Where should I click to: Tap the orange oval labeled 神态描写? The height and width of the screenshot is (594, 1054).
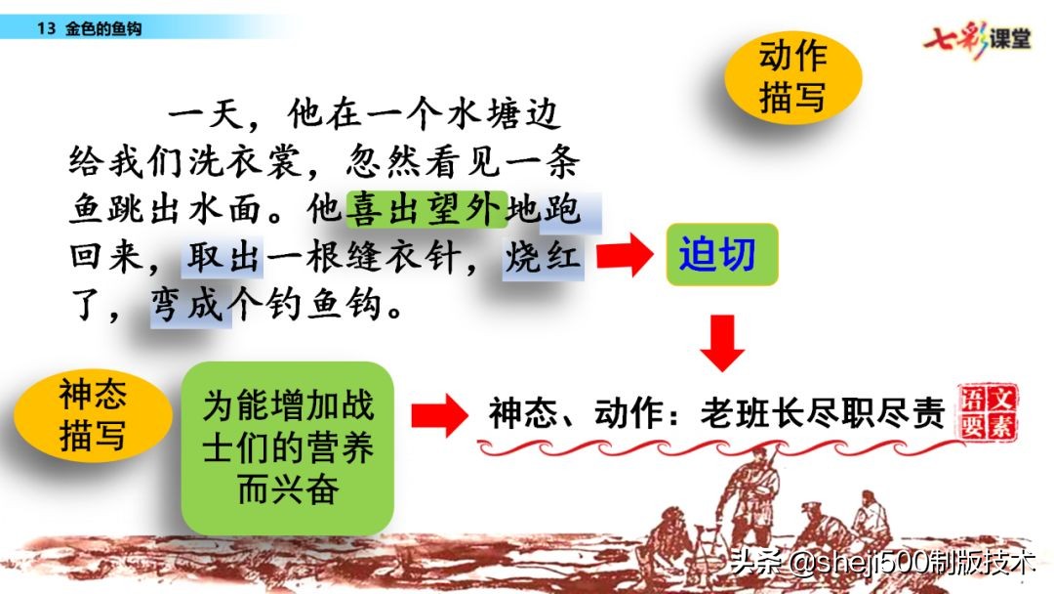coord(92,415)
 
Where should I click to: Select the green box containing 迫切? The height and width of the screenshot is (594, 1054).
coord(721,256)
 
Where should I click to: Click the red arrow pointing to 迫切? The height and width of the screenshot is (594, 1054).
coord(623,257)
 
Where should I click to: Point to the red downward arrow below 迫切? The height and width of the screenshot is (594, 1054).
coord(722,342)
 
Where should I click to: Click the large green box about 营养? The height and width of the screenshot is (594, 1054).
coord(288,447)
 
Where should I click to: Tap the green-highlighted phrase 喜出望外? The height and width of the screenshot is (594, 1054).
coord(426,208)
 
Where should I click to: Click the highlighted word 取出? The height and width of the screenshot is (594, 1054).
coord(223,258)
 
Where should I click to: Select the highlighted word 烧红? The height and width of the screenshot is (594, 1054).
coord(544,258)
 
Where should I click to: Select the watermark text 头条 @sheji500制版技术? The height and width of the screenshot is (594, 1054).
coord(878,565)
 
